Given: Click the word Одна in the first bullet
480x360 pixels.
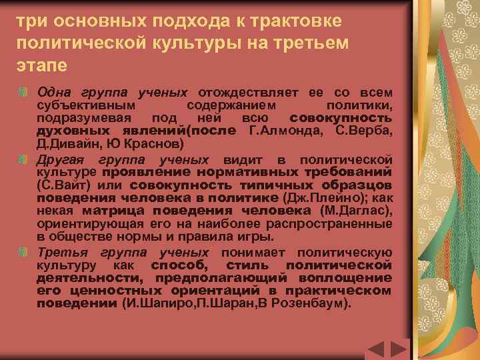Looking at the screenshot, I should pyautogui.click(x=53, y=91).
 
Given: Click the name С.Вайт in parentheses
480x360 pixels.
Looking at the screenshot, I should pyautogui.click(x=67, y=185).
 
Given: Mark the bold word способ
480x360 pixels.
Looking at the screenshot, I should pyautogui.click(x=173, y=265).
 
